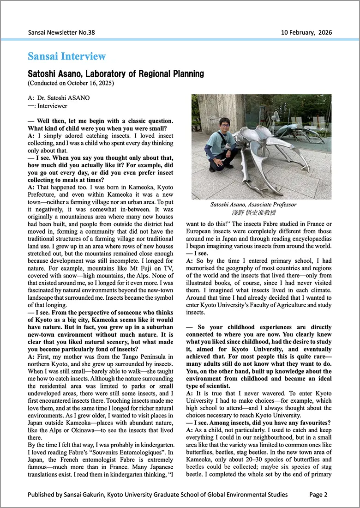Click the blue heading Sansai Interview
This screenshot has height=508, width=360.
[x=67, y=56]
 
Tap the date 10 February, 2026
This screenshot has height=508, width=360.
[x=306, y=32]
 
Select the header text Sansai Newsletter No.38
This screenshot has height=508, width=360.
[x=61, y=32]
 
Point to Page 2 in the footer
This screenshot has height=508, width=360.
[x=318, y=494]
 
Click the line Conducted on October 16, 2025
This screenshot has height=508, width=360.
[x=71, y=83]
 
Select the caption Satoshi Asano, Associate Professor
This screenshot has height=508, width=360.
[x=253, y=205]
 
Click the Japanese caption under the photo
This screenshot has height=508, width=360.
[x=253, y=213]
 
